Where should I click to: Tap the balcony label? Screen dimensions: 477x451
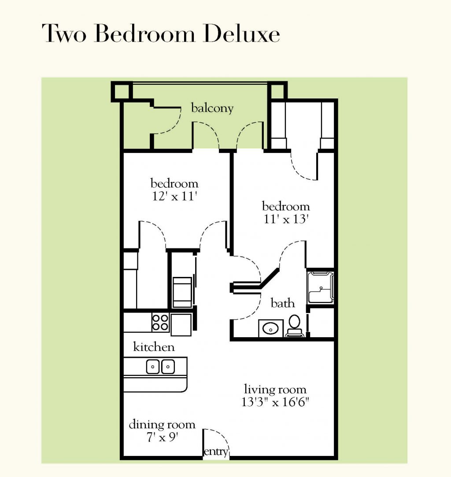click(x=212, y=108)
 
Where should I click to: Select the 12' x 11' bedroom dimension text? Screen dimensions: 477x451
click(x=174, y=197)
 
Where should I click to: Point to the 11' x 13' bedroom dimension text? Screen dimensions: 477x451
click(x=286, y=219)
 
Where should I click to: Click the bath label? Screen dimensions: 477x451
click(x=283, y=303)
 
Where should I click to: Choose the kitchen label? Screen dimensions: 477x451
click(x=154, y=347)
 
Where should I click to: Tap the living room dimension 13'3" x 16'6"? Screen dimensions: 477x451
click(x=275, y=403)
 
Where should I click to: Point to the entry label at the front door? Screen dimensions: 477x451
click(x=216, y=452)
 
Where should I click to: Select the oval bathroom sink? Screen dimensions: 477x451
click(x=269, y=328)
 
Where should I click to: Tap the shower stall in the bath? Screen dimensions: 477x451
click(x=321, y=287)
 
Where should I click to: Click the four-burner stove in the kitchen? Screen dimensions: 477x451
click(x=160, y=323)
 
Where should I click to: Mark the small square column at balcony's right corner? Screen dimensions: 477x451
click(x=277, y=91)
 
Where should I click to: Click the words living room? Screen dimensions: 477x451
click(x=275, y=390)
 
